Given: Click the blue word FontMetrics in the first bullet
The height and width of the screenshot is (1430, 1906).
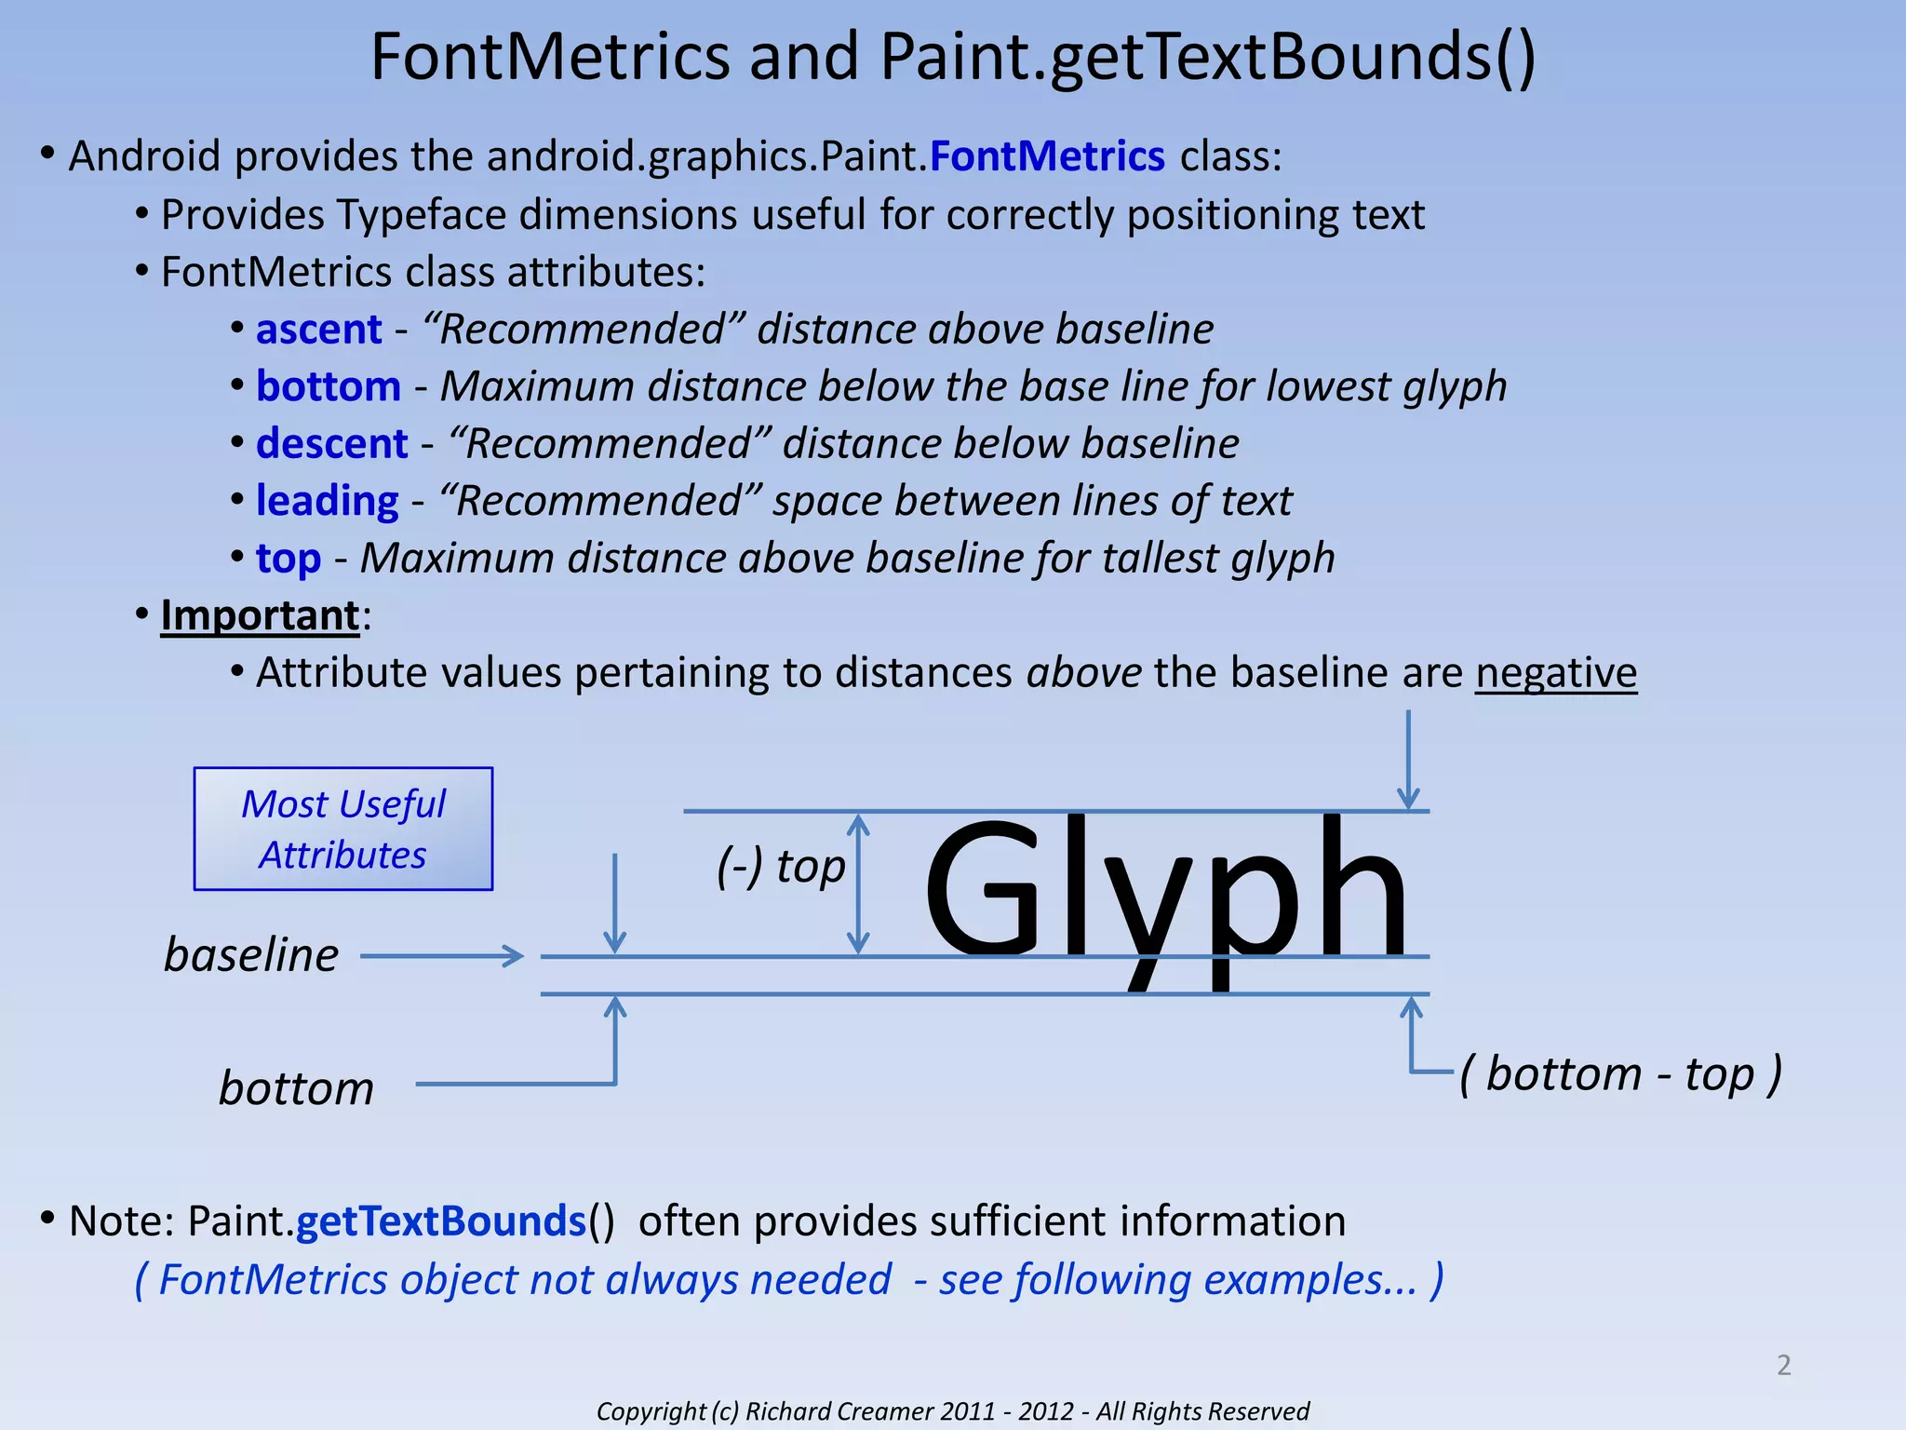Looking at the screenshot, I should pos(1047,156).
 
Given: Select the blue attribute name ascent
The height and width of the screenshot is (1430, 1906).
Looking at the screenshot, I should pos(319,330).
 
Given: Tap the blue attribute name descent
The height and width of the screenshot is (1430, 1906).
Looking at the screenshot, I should pos(332,444).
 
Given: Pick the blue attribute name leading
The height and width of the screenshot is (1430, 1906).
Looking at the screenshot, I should pos(328,501).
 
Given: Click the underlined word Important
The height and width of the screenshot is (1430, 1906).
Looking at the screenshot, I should pos(260,615).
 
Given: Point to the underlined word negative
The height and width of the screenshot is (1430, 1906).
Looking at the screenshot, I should pos(1555,673).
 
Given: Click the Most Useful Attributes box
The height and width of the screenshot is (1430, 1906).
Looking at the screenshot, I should pos(343,829).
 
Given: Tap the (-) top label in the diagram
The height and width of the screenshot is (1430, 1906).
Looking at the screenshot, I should pos(781,867).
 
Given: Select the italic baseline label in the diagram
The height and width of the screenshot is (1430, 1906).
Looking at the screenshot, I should pos(251,955).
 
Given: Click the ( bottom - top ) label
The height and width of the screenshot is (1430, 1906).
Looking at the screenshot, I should pos(1620,1074).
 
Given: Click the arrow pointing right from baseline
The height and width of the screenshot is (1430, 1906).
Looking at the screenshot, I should pos(442,956).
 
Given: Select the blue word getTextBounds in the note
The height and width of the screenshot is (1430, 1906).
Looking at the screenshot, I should pos(441,1221).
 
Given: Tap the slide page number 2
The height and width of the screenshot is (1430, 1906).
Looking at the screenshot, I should pos(1783,1365).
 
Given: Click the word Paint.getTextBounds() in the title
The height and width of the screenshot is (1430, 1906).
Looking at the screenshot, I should pos(1207,58).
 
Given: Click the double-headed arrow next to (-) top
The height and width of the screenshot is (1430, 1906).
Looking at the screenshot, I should pos(858,884).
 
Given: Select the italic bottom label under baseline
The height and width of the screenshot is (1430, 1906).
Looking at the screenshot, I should pos(296,1088).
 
